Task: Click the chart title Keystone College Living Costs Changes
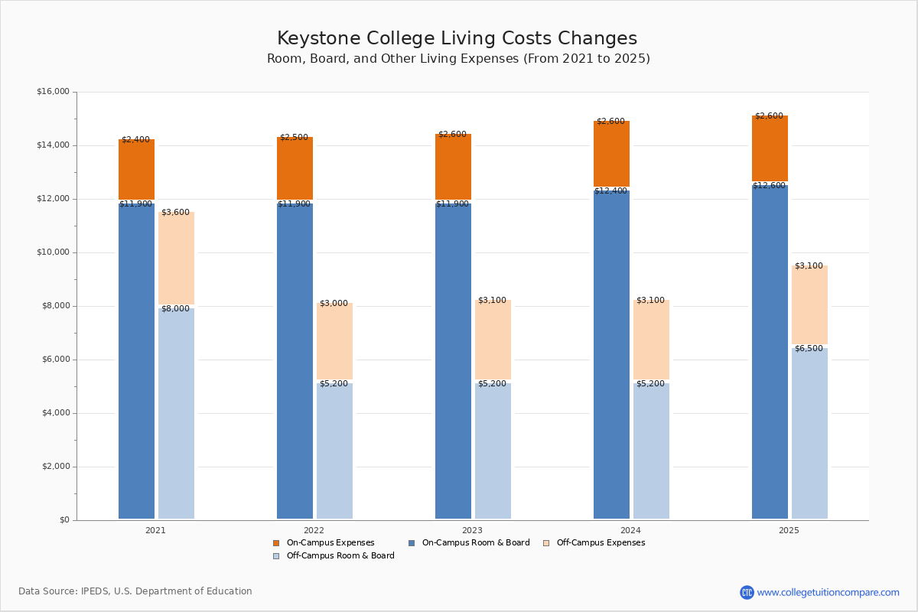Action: [x=457, y=39]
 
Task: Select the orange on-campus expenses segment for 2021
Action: [x=136, y=170]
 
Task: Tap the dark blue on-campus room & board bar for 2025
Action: [x=770, y=352]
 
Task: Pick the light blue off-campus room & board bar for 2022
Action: [x=334, y=451]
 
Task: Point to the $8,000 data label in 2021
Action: [x=175, y=309]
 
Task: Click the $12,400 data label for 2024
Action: [x=611, y=191]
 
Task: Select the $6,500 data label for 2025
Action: [x=809, y=349]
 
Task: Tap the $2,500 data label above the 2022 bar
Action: [x=294, y=138]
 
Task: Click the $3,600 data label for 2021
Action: [x=175, y=213]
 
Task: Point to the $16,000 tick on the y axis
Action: [x=53, y=92]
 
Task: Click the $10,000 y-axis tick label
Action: [x=53, y=252]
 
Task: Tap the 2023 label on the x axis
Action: [x=472, y=530]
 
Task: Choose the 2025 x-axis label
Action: [x=789, y=530]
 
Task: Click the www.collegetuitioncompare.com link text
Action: [x=828, y=592]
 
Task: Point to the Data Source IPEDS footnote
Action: [x=135, y=591]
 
